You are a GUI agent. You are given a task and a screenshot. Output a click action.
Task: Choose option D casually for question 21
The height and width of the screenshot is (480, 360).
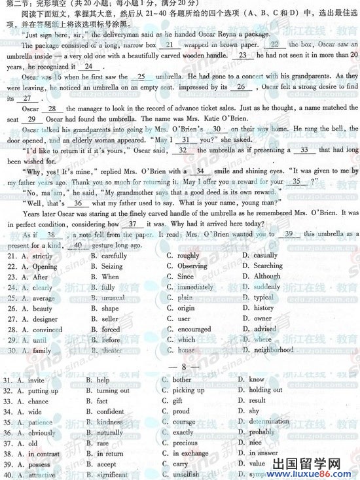265,256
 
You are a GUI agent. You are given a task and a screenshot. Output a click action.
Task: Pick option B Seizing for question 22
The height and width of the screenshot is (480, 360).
112,266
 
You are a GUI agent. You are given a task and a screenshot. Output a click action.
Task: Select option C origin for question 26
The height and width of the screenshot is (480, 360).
185,308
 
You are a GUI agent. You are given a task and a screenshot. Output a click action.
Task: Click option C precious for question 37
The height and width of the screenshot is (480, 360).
185,443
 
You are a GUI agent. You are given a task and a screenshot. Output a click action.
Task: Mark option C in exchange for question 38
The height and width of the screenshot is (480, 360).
190,453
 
